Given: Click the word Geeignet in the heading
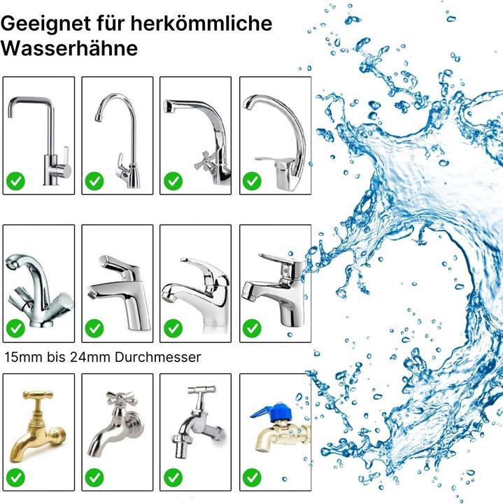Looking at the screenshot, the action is [x=45, y=24].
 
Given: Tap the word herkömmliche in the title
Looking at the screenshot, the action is [x=201, y=23].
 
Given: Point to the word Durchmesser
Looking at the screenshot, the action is [x=157, y=357].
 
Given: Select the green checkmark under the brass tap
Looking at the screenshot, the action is [x=15, y=477].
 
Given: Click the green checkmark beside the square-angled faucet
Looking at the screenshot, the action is [x=15, y=181].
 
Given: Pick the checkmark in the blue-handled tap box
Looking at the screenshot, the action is [x=252, y=477].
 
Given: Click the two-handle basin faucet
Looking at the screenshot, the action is [x=38, y=291].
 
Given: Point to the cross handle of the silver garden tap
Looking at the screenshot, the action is [x=122, y=399].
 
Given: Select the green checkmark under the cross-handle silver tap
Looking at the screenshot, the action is [x=94, y=477].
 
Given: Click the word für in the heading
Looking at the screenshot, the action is [x=111, y=23].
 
